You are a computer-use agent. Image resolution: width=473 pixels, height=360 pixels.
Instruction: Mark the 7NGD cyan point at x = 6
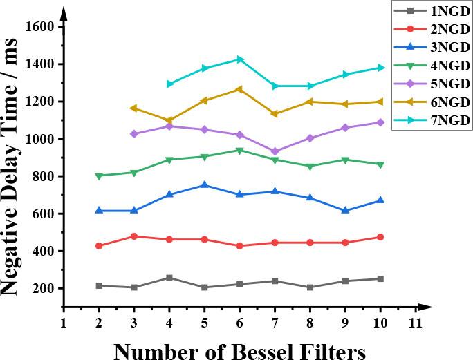(240, 59)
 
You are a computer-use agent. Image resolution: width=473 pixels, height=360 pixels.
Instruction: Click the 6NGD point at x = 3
(133, 108)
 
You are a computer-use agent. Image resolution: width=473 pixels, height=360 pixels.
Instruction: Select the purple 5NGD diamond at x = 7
(275, 151)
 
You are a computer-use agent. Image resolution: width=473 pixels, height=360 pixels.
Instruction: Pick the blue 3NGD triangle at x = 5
(204, 184)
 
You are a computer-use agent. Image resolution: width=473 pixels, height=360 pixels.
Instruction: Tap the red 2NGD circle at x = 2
(99, 246)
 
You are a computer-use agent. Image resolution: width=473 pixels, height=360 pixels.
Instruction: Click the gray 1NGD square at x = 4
(169, 278)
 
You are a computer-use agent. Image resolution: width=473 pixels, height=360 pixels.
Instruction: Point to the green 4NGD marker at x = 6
(240, 151)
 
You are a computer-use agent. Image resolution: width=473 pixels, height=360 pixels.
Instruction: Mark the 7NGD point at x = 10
(380, 68)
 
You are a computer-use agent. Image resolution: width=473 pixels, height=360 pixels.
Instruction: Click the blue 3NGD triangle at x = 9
(345, 210)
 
